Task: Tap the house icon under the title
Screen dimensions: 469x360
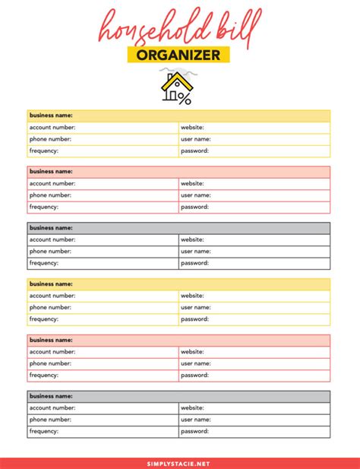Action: (176, 87)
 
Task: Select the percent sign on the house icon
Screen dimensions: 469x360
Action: (185, 98)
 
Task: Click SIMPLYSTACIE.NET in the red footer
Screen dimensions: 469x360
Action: (179, 462)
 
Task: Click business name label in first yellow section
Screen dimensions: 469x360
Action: (51, 116)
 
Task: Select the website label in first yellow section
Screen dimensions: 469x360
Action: (192, 128)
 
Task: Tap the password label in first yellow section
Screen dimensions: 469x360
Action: (194, 151)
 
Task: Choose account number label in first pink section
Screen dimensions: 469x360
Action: (52, 183)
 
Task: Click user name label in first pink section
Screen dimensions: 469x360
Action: (195, 195)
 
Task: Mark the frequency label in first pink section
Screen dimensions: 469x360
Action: (44, 207)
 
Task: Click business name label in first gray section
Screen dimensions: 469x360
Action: (51, 227)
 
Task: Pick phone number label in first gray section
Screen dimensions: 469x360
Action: (50, 251)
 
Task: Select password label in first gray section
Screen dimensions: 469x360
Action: (194, 263)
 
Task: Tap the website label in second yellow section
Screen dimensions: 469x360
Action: (192, 296)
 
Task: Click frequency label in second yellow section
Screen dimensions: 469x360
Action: (44, 319)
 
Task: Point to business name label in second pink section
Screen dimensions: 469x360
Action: (51, 340)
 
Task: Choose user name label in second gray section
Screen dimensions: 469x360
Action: (195, 420)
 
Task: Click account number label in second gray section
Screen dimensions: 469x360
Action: (52, 407)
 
